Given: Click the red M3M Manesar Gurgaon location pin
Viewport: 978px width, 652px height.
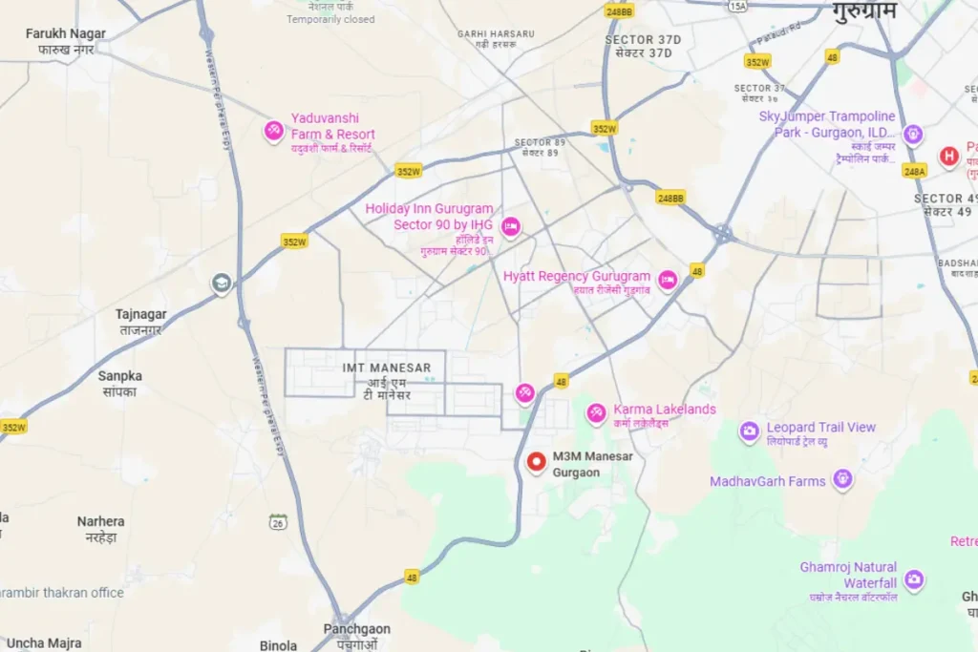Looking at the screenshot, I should [537, 462].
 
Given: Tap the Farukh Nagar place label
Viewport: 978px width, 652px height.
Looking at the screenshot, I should [66, 34].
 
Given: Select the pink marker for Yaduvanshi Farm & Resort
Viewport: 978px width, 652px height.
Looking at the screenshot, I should [274, 131].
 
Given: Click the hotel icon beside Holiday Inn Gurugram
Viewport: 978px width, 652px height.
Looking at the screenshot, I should [511, 226].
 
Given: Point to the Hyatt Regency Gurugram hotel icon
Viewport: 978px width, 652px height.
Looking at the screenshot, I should [668, 279].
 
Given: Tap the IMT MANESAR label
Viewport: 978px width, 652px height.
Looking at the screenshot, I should [387, 368].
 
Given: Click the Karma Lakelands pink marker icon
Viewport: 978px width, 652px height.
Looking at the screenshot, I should [597, 412].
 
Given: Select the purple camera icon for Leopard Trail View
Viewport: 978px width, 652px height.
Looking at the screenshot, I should [750, 431].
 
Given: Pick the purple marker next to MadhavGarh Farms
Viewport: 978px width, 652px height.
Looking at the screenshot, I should [842, 479].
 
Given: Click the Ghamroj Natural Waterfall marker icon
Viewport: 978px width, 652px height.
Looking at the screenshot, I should [914, 578].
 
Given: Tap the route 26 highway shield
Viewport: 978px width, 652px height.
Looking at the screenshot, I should [278, 522].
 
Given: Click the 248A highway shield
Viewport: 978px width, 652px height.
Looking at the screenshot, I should [914, 170].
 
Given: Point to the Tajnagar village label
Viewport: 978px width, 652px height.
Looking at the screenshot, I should [140, 314].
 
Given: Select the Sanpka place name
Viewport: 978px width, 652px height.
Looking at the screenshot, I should [120, 376].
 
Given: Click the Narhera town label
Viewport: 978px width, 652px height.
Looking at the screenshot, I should [101, 521].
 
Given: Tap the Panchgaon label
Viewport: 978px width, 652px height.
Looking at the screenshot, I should [356, 630].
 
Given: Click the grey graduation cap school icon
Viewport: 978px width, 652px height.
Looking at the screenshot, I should [222, 284].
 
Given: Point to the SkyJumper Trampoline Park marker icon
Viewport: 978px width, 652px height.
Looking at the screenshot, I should [913, 134].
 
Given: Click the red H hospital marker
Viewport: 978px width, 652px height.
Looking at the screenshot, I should [948, 156].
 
